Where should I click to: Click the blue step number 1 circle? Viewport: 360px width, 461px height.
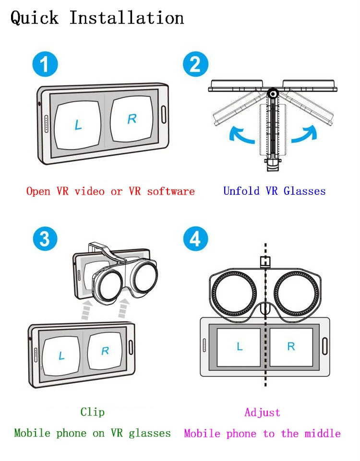(x=45, y=64)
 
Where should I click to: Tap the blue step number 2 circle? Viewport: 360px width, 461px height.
(x=195, y=64)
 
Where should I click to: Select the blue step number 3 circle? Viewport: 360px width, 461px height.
(x=45, y=238)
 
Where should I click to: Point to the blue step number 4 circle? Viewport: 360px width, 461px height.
(x=195, y=238)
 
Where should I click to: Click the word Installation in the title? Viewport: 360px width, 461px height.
(x=127, y=18)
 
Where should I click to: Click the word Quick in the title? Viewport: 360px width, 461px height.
(x=35, y=18)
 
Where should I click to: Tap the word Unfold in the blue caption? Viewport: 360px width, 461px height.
(x=241, y=191)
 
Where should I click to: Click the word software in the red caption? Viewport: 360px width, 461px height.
(x=171, y=191)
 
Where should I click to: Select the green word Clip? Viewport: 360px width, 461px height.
(x=92, y=412)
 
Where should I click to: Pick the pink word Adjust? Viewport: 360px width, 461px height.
(x=263, y=413)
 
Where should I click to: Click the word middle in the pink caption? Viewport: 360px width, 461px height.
(x=323, y=433)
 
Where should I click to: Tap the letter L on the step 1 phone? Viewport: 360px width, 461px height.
(x=78, y=125)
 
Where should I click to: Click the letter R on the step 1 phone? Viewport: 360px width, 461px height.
(x=132, y=119)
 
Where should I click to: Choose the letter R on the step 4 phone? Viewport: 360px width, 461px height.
(x=291, y=346)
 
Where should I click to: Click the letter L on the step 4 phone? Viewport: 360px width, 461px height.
(x=240, y=346)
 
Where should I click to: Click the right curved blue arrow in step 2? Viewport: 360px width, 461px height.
(x=305, y=135)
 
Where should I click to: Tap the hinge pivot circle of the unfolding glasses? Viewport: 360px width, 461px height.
(x=273, y=94)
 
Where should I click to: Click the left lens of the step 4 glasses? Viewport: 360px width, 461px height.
(x=234, y=294)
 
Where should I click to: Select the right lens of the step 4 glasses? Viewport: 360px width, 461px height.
(x=297, y=294)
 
